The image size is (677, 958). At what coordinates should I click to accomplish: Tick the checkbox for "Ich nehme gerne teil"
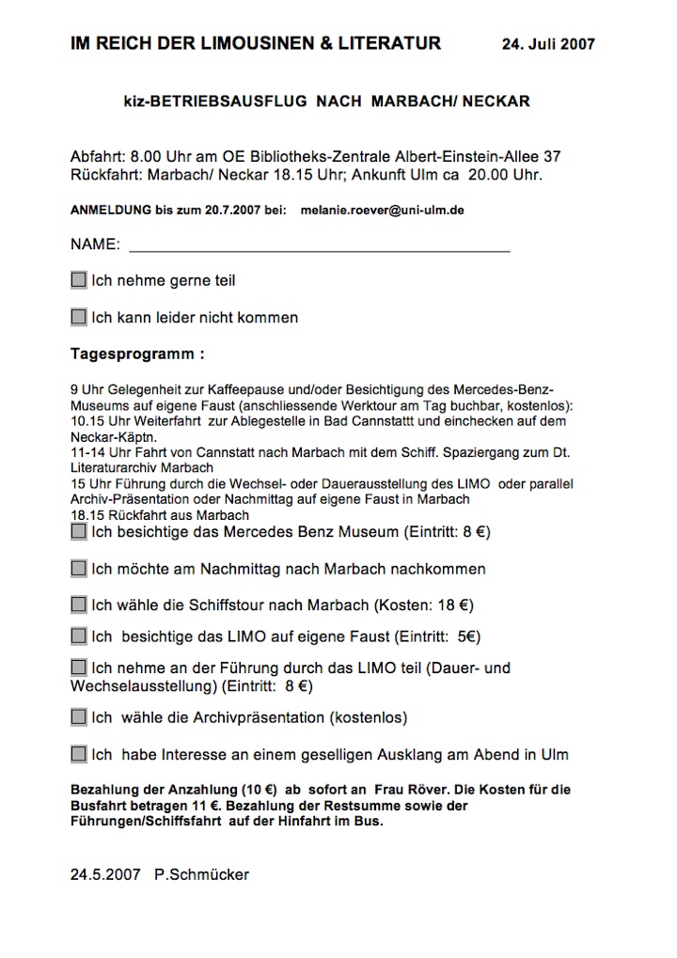coord(79,280)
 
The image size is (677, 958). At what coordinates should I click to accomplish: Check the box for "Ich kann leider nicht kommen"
coord(79,317)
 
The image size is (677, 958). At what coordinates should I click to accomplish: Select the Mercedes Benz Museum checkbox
coord(79,532)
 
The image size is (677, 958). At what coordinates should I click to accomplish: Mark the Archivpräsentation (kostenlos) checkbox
coord(79,717)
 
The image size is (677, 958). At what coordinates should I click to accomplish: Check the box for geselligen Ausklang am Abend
coord(79,754)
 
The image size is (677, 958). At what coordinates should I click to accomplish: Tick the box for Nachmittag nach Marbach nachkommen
coord(79,569)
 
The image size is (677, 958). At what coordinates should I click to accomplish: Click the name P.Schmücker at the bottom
coord(202,874)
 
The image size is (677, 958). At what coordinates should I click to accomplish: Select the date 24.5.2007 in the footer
coord(103,874)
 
